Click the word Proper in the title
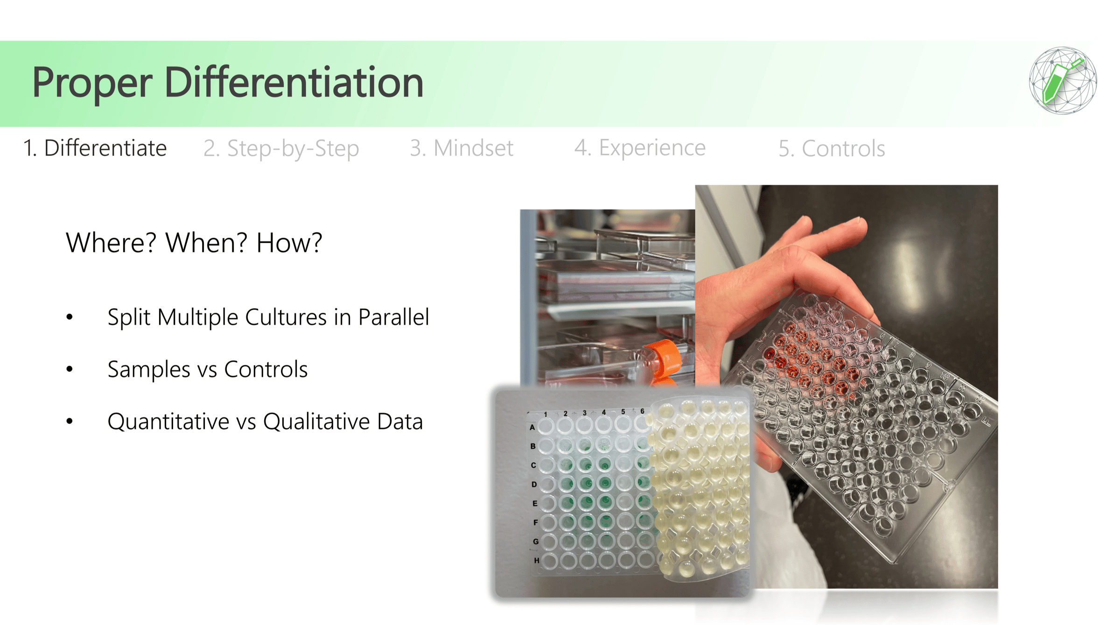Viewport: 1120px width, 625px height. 92,83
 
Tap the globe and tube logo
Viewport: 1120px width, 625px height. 1063,80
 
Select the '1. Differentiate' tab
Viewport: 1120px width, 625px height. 95,148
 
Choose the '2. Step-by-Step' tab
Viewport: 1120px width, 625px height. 281,149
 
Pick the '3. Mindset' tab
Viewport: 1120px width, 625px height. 462,148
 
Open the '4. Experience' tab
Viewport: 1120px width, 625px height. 640,148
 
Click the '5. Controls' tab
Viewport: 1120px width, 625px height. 832,149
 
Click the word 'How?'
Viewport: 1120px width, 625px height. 289,243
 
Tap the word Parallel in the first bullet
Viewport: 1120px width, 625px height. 393,317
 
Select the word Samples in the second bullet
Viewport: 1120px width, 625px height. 149,369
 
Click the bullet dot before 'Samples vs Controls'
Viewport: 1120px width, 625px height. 70,369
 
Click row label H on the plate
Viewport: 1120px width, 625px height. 537,561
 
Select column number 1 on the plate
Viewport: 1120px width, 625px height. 545,414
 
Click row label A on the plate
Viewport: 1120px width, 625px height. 532,427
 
